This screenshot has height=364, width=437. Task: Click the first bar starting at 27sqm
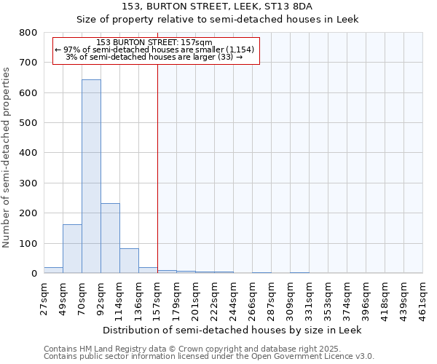(x=53, y=270)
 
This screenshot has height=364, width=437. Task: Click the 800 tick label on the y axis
(x=28, y=33)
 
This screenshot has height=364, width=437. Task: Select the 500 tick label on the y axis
(x=28, y=123)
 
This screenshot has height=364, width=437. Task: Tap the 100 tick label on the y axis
(x=28, y=243)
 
